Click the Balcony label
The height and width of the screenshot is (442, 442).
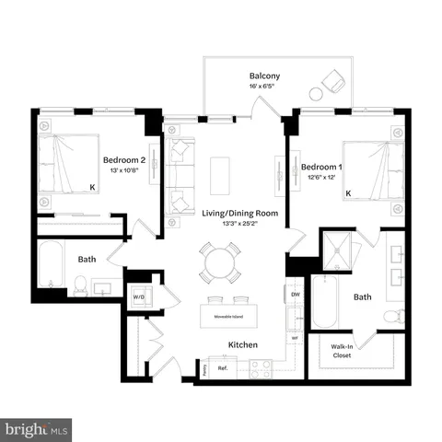pyautogui.click(x=264, y=76)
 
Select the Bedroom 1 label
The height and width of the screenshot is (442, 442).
pyautogui.click(x=322, y=167)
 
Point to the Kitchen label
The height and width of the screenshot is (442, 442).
pyautogui.click(x=243, y=344)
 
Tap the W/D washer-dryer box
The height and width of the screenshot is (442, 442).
pyautogui.click(x=139, y=297)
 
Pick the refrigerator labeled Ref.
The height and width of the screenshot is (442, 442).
pyautogui.click(x=222, y=368)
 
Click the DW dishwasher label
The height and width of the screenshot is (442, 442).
pyautogui.click(x=296, y=295)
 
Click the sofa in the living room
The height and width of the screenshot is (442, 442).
pyautogui.click(x=181, y=175)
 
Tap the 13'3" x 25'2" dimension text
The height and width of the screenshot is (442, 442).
pyautogui.click(x=234, y=222)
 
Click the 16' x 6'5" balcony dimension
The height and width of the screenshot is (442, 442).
pyautogui.click(x=264, y=87)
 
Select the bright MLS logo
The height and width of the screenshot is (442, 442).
pyautogui.click(x=37, y=429)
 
